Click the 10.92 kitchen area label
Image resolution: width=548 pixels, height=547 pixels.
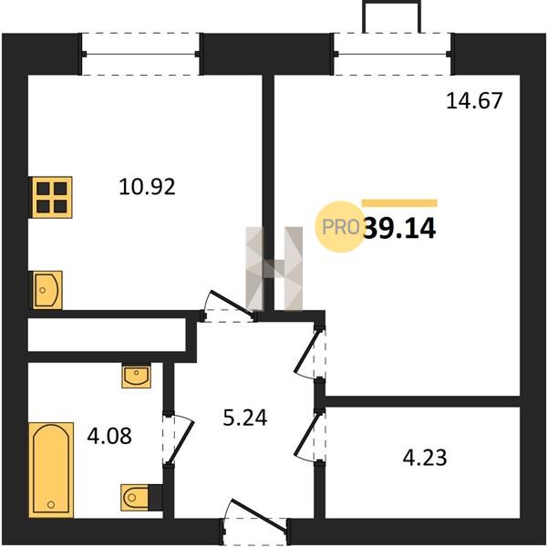pyautogui.click(x=147, y=187)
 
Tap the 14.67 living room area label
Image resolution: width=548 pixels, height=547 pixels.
pyautogui.click(x=474, y=100)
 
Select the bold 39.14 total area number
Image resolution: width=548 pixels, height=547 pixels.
pyautogui.click(x=399, y=228)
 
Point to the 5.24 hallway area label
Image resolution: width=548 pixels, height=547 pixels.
pyautogui.click(x=245, y=418)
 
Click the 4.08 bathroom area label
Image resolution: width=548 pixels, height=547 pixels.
pyautogui.click(x=109, y=436)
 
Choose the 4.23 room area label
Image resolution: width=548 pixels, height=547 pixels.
pyautogui.click(x=425, y=458)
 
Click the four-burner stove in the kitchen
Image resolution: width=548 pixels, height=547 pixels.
pyautogui.click(x=52, y=198)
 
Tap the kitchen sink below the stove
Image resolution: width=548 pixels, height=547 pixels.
pyautogui.click(x=47, y=290)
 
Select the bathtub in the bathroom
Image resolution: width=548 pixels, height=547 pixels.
pyautogui.click(x=51, y=470)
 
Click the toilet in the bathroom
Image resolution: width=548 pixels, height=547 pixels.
pyautogui.click(x=136, y=497)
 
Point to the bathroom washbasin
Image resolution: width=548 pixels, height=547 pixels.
pyautogui.click(x=136, y=377)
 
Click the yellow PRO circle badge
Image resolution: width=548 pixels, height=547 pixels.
pyautogui.click(x=339, y=227)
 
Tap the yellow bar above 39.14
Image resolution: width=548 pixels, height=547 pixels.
pyautogui.click(x=399, y=203)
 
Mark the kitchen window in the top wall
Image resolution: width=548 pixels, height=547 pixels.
pyautogui.click(x=140, y=54)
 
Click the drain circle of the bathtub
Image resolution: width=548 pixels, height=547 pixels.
pyautogui.click(x=51, y=504)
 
